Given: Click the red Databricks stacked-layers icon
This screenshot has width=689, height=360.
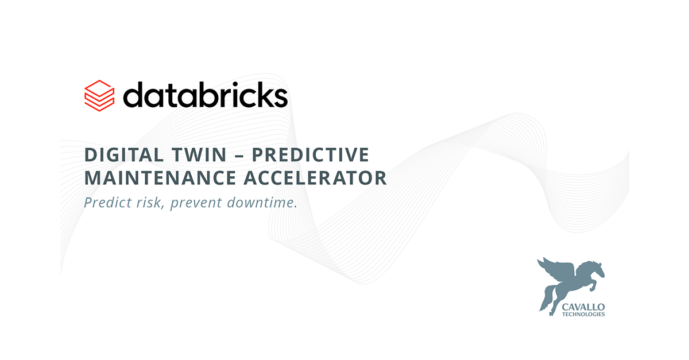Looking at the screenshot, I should [99, 95].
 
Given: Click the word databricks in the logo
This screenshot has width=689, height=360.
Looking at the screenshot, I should [205, 95].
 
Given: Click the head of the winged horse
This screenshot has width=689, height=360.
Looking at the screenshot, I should [597, 267].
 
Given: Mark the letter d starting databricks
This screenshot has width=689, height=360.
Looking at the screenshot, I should [134, 95].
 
